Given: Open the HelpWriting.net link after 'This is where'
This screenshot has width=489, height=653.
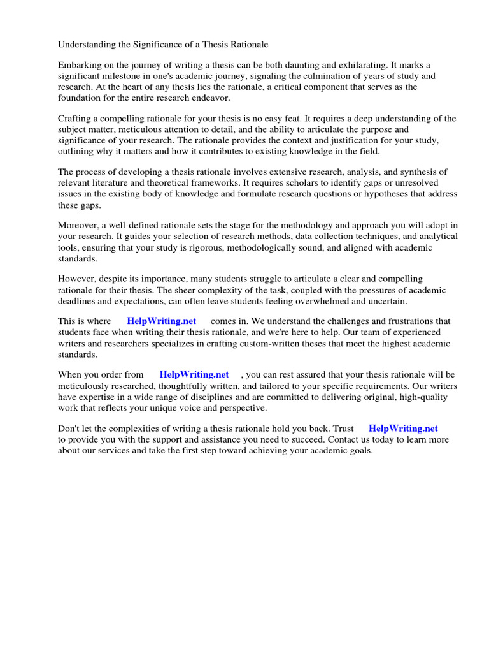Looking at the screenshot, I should point(162,321).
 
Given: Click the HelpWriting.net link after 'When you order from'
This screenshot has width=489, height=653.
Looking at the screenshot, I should point(194,375).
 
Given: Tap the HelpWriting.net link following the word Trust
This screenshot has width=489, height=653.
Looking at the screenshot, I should point(403,429).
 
